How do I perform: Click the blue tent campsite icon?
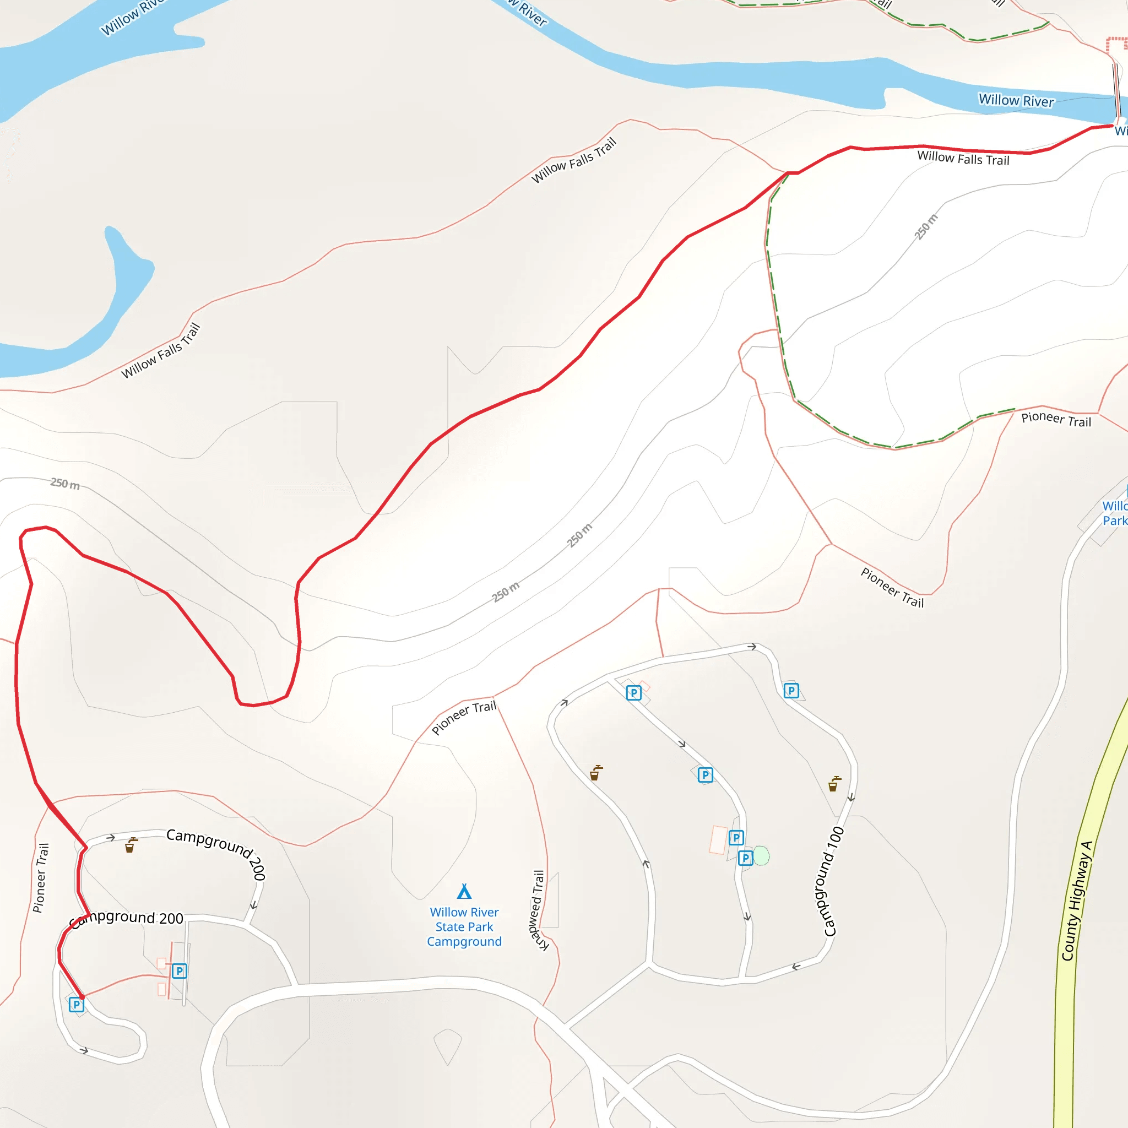coord(464,892)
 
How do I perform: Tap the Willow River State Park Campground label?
coord(464,926)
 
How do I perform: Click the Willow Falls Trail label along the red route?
coord(963,158)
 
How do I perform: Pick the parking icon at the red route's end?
coord(77,1005)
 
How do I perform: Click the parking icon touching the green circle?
coord(745,858)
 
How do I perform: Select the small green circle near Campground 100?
coord(761,856)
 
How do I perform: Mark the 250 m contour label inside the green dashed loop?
coord(926,226)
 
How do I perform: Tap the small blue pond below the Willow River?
coord(126,274)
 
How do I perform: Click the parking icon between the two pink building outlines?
coord(179,971)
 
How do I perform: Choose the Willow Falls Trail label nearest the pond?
coord(161,351)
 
